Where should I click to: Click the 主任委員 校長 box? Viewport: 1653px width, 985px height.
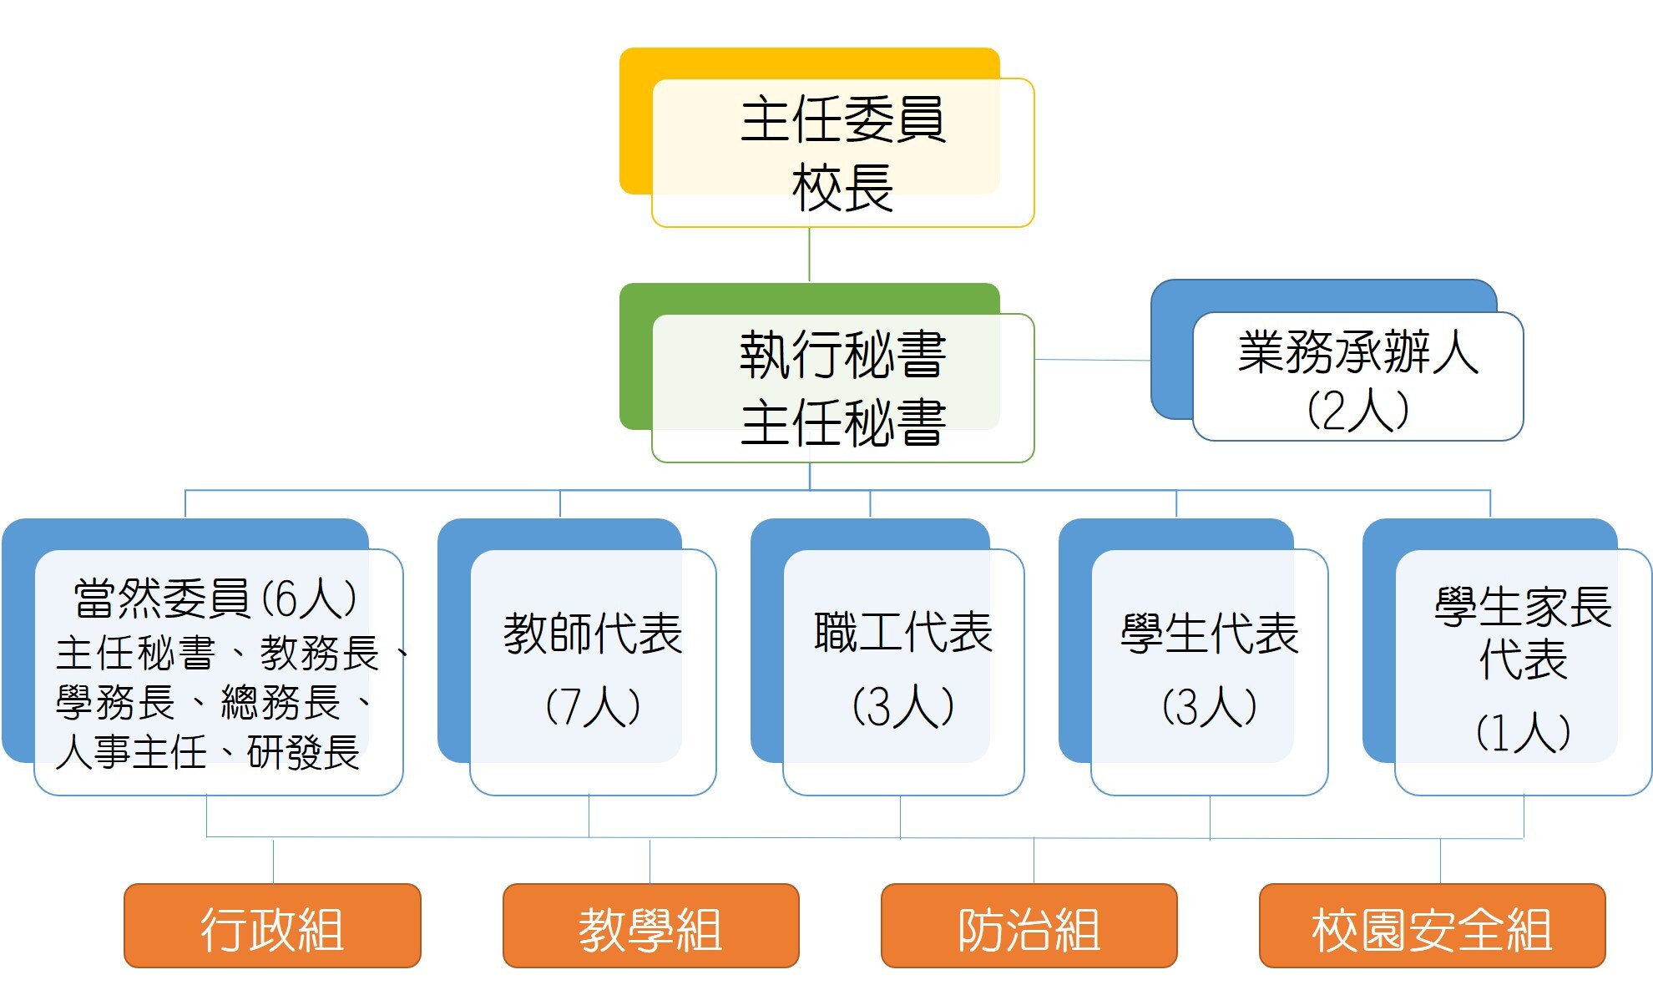point(842,152)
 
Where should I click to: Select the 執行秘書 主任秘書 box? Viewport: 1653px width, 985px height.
point(842,387)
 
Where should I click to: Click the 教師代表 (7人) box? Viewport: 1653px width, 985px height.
point(593,671)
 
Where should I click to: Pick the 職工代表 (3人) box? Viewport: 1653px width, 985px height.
point(903,671)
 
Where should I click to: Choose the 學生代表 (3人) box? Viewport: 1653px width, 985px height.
point(1209,671)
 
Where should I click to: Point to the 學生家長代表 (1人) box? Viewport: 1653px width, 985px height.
point(1523,671)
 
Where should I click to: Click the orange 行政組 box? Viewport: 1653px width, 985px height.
point(272,927)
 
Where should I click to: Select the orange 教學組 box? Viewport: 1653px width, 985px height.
point(650,927)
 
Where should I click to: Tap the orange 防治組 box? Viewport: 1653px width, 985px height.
point(1029,927)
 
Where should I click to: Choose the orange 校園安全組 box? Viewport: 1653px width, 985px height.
point(1432,927)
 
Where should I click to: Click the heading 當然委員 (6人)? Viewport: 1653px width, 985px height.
point(215,599)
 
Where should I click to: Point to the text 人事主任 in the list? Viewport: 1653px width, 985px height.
point(131,752)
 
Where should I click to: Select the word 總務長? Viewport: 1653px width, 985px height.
point(281,702)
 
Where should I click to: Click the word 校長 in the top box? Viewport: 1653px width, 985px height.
point(842,189)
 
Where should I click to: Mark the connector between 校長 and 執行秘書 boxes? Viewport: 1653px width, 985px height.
point(809,255)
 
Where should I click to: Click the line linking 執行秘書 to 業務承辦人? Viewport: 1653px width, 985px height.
point(1092,360)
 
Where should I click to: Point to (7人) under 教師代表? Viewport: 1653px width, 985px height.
point(593,707)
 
